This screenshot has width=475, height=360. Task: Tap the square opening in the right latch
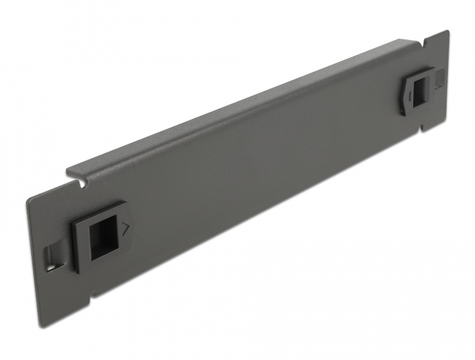click(x=421, y=88)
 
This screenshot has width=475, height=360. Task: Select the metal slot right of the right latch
click(x=440, y=81)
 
